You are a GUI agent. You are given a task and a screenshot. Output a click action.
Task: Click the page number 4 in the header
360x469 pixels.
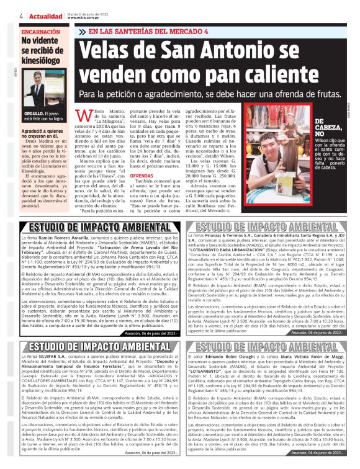coord(22,15)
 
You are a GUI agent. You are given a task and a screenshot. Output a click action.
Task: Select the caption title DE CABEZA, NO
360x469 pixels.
coord(328,127)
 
